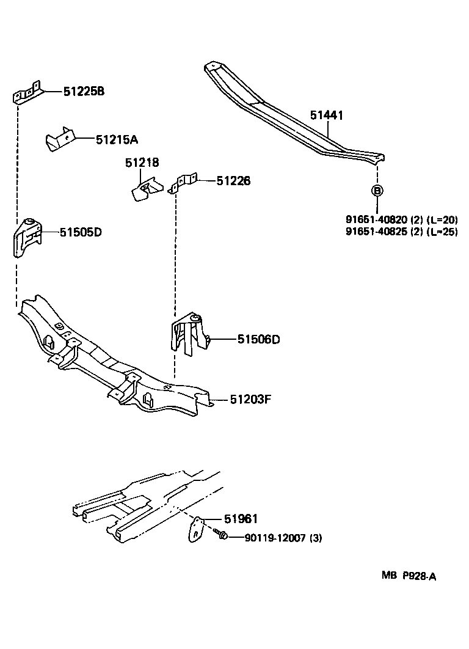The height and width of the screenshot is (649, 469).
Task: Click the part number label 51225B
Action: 84,92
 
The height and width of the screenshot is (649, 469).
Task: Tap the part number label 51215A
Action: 117,139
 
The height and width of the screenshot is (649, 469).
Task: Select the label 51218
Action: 142,163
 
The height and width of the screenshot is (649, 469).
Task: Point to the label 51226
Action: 233,181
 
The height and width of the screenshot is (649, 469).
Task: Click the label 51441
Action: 326,115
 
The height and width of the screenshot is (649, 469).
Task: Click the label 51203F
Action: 250,400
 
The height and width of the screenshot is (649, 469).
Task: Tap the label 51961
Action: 241,519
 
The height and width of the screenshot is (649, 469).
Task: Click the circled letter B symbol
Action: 377,191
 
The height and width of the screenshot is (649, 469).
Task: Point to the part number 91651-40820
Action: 372,220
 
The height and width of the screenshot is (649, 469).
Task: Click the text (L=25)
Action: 441,232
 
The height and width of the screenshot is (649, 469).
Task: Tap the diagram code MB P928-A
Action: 410,576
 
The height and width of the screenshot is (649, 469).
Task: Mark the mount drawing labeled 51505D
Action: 27,238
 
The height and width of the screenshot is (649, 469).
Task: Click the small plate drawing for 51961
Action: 196,528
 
